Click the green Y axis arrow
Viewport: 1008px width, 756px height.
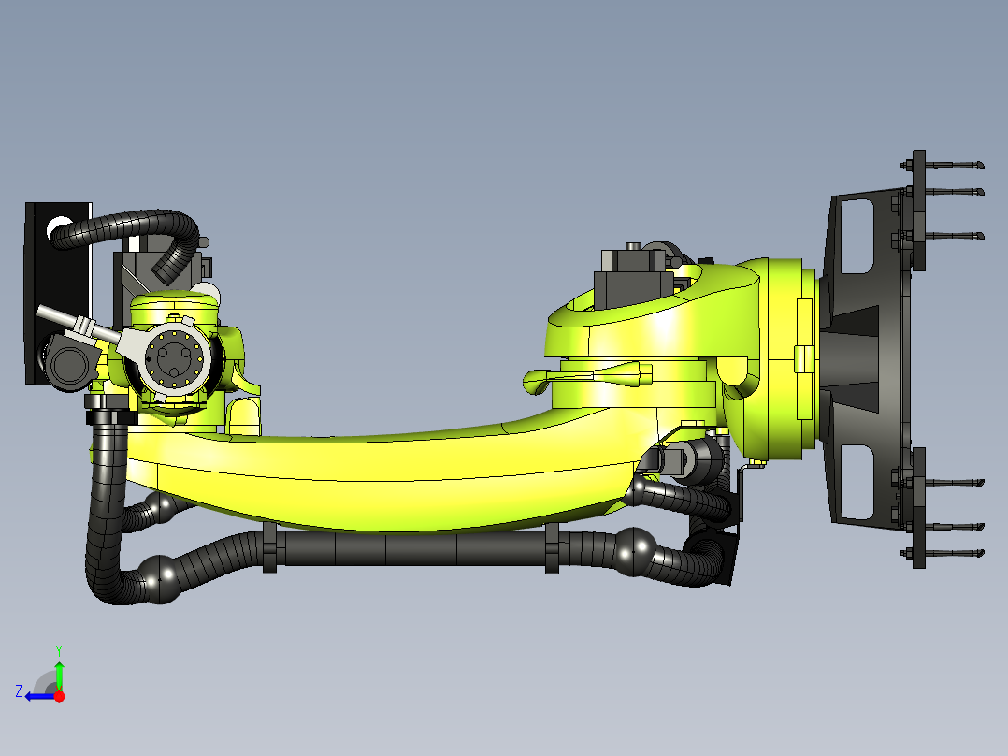pos(59,673)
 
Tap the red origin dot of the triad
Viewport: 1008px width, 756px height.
pos(59,696)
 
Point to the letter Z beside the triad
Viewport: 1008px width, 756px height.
pos(18,691)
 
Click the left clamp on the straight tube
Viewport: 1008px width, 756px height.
pos(270,548)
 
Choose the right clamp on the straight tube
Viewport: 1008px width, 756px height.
pos(552,548)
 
